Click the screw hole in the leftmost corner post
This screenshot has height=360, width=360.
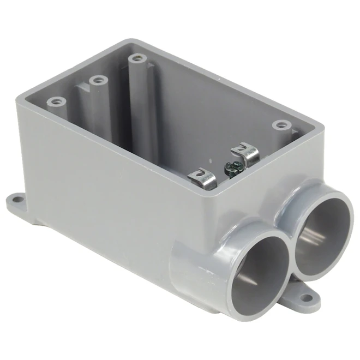[x=56, y=101]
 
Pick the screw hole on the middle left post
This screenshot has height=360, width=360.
[x=98, y=81]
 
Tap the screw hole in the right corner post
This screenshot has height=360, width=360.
[x=280, y=125]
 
